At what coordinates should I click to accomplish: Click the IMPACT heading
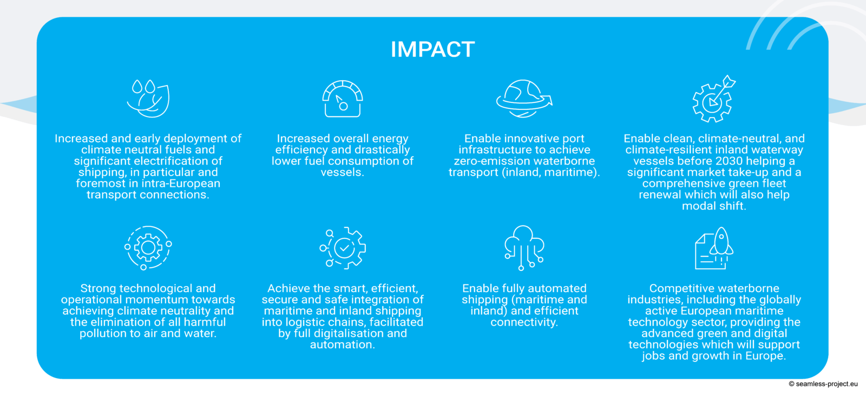(x=432, y=49)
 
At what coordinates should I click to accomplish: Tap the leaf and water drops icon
(x=148, y=98)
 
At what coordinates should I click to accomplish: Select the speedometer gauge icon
(x=343, y=98)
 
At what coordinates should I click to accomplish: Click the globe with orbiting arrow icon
(x=524, y=98)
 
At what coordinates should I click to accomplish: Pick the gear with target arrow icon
(x=714, y=99)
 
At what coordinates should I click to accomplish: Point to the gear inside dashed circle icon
(x=148, y=248)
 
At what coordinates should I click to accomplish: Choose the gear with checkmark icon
(x=343, y=248)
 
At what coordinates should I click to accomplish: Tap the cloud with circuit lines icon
(x=524, y=248)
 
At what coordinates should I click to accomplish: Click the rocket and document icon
(x=714, y=248)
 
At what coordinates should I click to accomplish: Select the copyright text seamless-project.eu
(x=823, y=384)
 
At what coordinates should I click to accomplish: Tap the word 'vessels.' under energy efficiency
(x=343, y=172)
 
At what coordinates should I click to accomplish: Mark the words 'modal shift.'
(x=714, y=206)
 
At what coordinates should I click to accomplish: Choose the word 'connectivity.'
(x=524, y=322)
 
